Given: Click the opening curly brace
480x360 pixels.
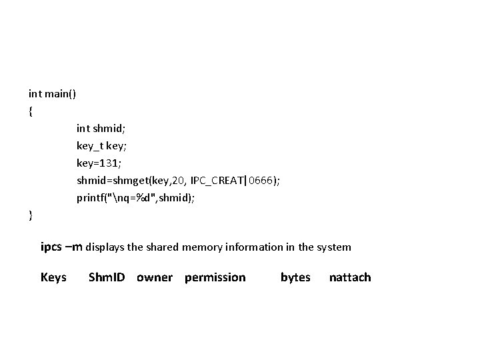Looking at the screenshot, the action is [x=31, y=111].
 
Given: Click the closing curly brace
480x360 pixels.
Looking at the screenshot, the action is [x=31, y=215].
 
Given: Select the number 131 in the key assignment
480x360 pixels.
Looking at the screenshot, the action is [x=109, y=163].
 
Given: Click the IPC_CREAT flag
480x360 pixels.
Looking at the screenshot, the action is [x=217, y=180].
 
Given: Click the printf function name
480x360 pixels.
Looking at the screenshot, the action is [x=91, y=197].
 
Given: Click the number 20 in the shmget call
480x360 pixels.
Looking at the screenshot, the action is [x=177, y=180].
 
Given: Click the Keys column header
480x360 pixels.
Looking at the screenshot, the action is [x=53, y=277].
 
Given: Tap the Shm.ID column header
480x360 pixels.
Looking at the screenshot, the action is [x=107, y=277].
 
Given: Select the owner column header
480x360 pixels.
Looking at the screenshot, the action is [x=154, y=277].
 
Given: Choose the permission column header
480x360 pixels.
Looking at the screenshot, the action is [x=215, y=277].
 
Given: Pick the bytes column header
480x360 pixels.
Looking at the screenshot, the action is [x=295, y=277].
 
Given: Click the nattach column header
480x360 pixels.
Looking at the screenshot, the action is [x=350, y=277].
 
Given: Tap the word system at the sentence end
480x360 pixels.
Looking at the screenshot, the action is [x=333, y=247].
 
